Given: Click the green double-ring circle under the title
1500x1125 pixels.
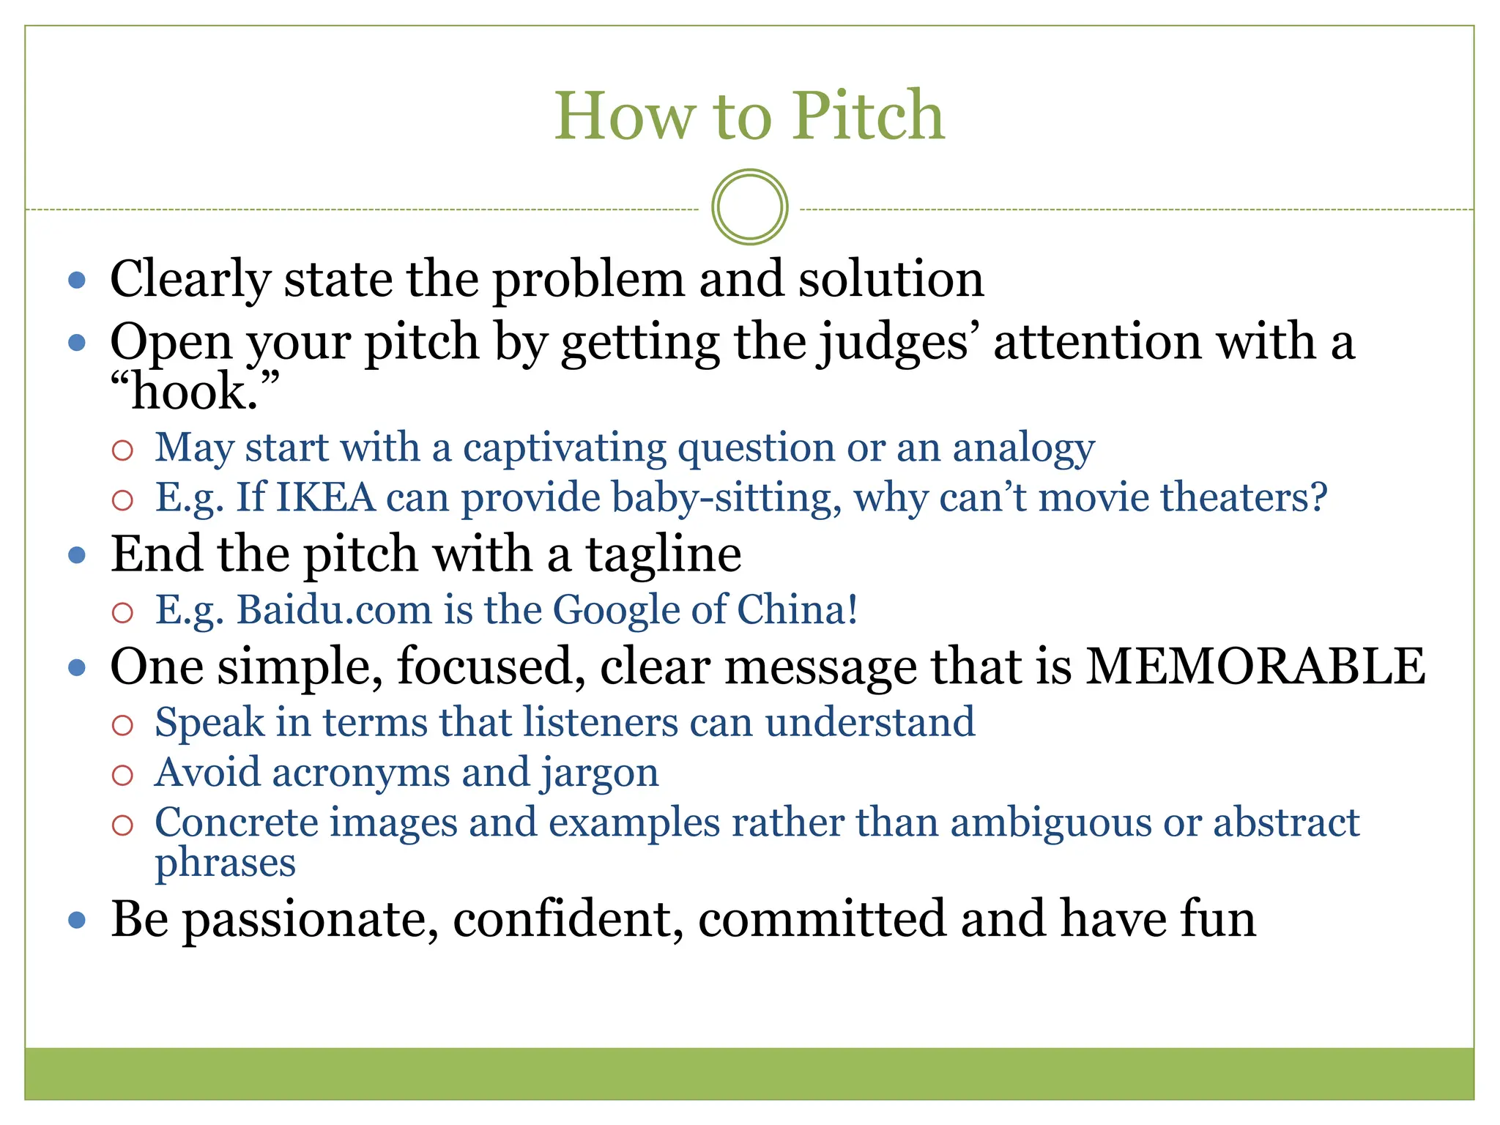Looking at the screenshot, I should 749,207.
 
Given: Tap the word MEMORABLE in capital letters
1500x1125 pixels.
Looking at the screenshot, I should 1255,667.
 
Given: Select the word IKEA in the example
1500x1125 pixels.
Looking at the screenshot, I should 326,497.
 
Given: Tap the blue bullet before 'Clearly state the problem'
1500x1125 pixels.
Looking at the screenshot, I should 77,280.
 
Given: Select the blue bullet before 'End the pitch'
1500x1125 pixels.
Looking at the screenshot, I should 77,555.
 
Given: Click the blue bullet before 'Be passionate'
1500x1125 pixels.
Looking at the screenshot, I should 77,920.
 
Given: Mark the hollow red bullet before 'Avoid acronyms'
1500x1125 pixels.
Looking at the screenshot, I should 122,775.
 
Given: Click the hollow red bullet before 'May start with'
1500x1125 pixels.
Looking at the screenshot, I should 122,450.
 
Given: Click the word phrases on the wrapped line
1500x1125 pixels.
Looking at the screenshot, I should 225,863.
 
